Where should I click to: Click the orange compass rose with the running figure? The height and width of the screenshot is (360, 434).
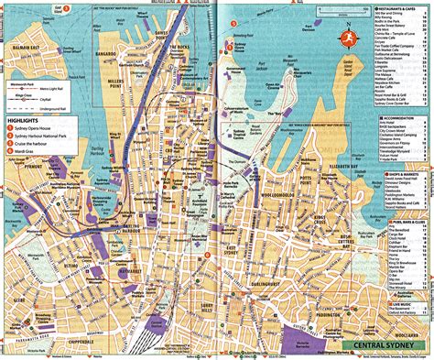tap(348, 38)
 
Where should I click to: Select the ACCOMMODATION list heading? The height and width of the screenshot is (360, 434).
tap(406, 117)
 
